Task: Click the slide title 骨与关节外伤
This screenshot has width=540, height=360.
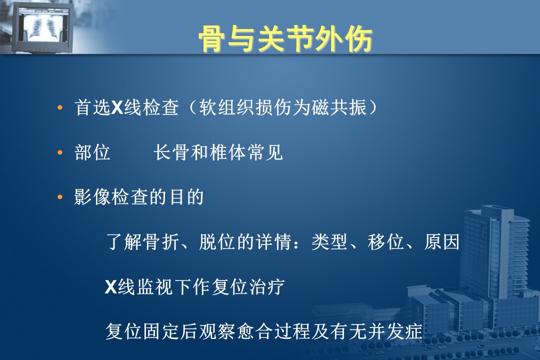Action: click(285, 38)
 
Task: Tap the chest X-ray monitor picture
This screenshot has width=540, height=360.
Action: click(41, 27)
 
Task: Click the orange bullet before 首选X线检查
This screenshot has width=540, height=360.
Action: click(60, 108)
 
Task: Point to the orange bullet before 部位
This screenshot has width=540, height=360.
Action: click(60, 152)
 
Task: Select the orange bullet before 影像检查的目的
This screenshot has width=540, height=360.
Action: click(60, 197)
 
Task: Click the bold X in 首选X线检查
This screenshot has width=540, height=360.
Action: click(117, 107)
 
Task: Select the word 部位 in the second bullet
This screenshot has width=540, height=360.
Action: click(92, 152)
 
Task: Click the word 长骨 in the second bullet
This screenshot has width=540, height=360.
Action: click(171, 152)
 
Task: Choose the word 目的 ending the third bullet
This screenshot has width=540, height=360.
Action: click(186, 197)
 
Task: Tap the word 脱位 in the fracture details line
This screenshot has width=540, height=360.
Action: click(217, 242)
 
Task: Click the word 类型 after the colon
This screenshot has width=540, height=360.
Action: click(329, 242)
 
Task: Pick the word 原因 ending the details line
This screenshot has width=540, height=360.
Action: click(442, 242)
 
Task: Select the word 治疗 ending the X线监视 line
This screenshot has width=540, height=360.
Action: click(267, 286)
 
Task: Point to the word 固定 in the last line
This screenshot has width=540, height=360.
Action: click(161, 331)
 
